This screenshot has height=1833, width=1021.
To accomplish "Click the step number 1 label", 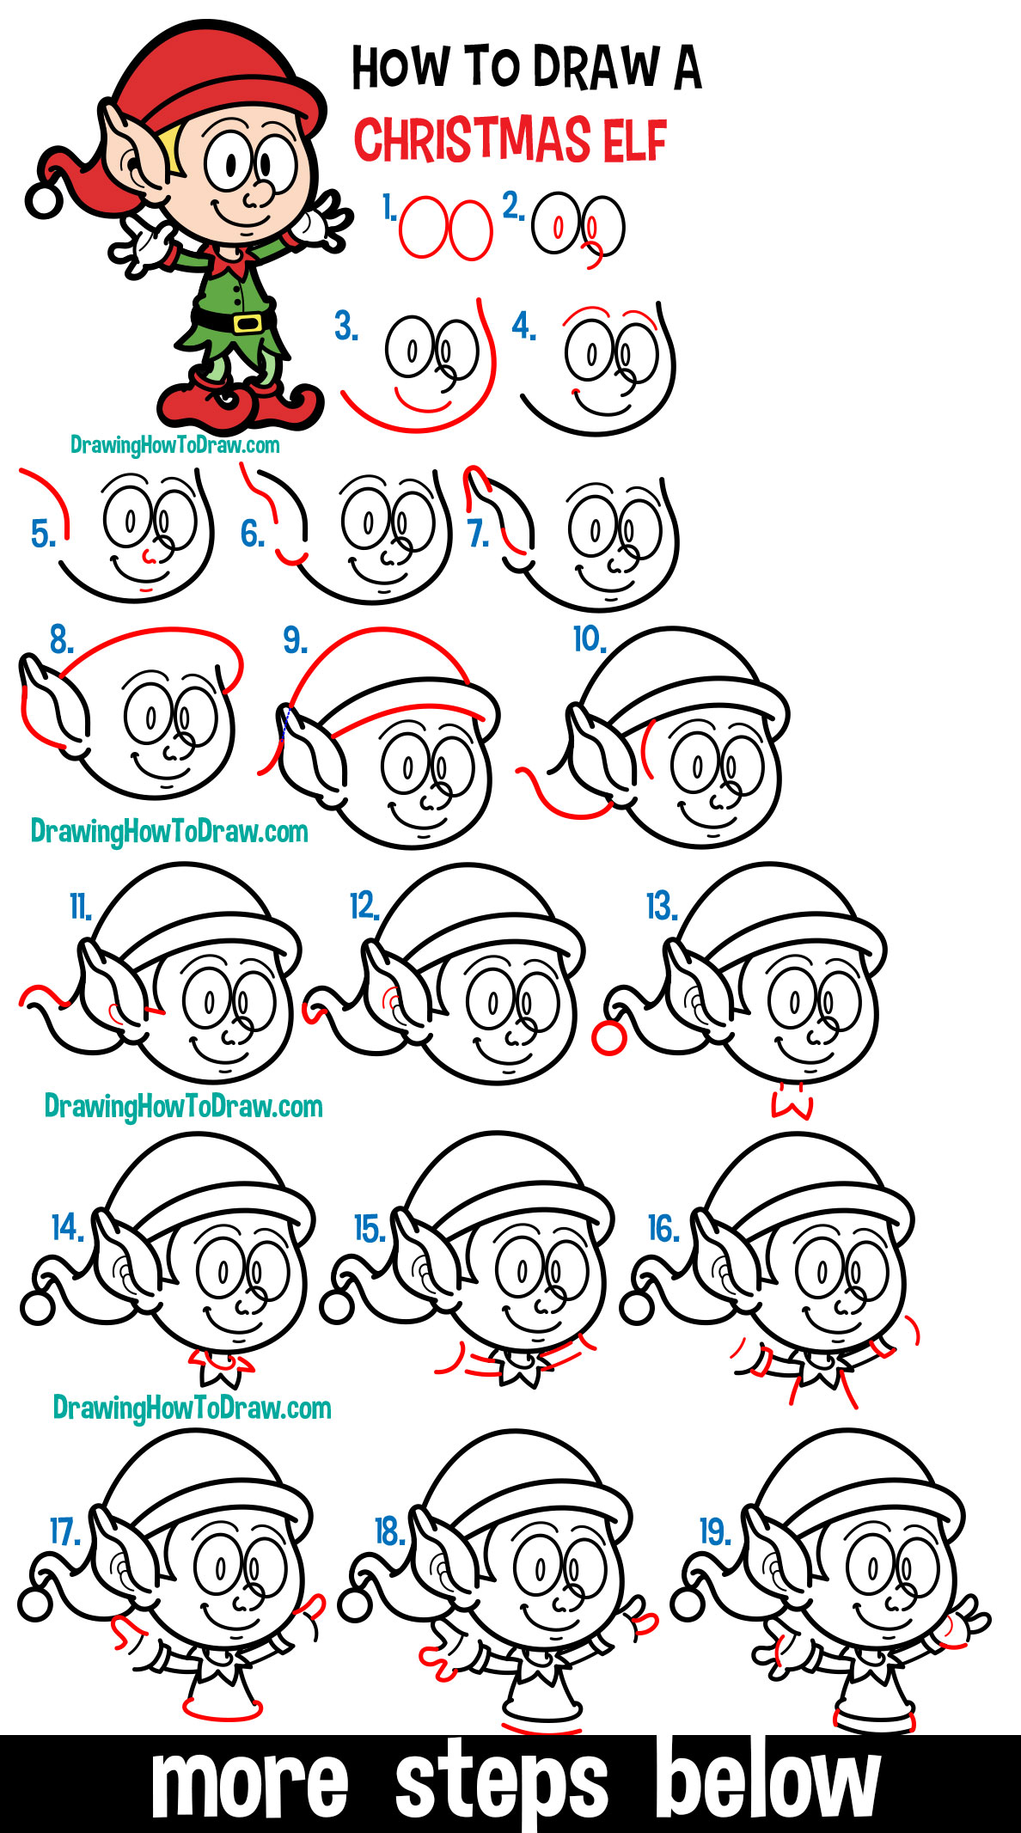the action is (x=389, y=207).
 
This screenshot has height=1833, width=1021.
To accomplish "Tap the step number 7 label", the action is (x=478, y=534).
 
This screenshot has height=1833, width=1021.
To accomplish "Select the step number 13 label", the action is (x=661, y=906).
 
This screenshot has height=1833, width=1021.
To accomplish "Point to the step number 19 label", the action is (x=714, y=1531).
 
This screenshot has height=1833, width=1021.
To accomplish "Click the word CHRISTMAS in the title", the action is (x=473, y=140).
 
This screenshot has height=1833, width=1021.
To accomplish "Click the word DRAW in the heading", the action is (x=596, y=68).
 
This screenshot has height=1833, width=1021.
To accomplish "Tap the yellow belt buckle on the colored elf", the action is (x=248, y=323).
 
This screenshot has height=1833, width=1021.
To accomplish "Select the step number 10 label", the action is (x=590, y=639).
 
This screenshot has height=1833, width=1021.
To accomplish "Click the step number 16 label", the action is (x=664, y=1229).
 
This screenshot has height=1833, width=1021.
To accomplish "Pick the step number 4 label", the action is (x=523, y=327).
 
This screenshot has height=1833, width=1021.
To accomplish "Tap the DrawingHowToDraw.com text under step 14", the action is (x=193, y=1408).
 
